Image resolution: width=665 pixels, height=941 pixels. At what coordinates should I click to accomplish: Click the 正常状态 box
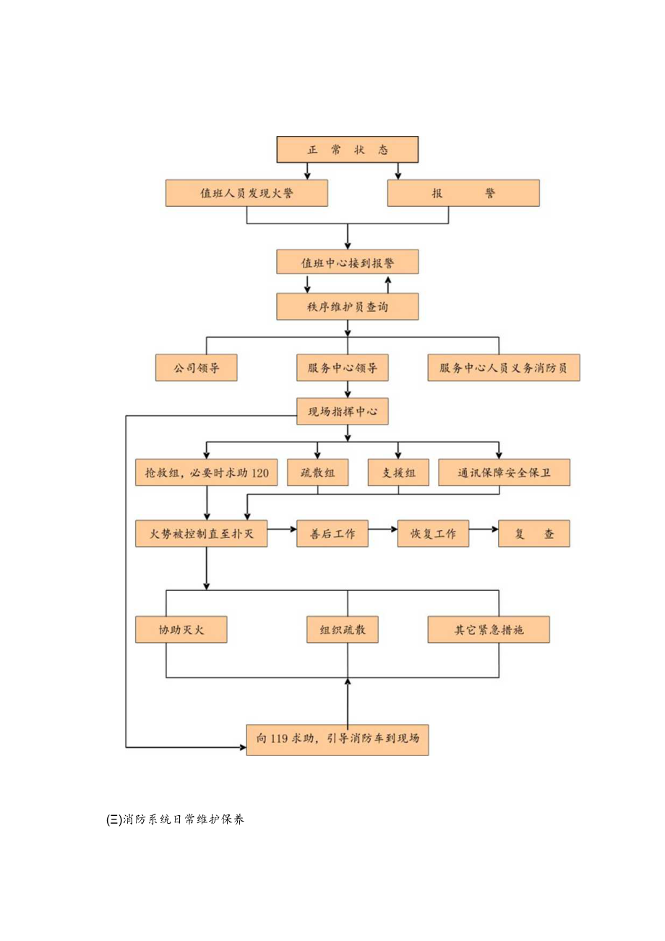348,150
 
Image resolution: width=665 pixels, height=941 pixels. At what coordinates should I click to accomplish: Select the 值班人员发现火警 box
246,194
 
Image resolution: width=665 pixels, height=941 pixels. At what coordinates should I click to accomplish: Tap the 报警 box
463,194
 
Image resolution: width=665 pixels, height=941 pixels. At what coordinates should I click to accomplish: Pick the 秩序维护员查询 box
348,307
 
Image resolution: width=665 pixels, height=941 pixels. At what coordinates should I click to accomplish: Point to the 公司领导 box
197,368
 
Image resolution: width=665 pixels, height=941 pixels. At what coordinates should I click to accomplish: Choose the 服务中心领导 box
343,368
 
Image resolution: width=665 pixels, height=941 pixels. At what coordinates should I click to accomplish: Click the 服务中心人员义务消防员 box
503,368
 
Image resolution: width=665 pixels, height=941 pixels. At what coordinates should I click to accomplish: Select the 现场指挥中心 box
343,412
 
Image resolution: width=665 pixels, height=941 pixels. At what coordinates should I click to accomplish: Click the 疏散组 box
317,473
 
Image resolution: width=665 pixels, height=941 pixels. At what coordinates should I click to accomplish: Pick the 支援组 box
398,473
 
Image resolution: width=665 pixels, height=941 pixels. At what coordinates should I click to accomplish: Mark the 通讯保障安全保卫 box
504,473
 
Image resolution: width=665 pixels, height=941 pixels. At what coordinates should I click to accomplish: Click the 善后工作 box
332,535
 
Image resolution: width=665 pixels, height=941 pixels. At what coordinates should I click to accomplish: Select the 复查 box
534,535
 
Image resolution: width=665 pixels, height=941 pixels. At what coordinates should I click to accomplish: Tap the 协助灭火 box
181,630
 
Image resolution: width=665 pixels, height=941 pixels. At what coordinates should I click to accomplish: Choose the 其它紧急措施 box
489,630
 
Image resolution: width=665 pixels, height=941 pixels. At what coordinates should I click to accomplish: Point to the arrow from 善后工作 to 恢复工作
383,535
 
